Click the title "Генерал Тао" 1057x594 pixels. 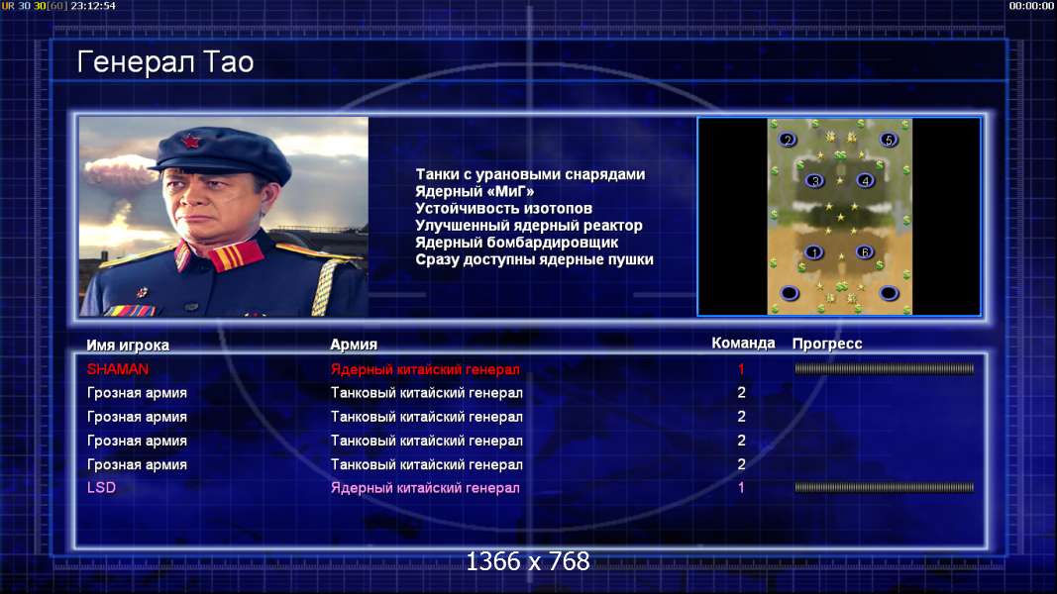(165, 62)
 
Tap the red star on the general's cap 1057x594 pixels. (190, 142)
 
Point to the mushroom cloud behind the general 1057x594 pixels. (119, 172)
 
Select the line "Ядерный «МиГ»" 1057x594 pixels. (475, 191)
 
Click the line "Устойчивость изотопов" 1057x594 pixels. (503, 208)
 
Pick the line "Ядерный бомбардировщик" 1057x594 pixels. (516, 242)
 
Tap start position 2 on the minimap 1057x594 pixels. (788, 140)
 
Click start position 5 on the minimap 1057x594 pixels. (889, 140)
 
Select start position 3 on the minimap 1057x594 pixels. (815, 180)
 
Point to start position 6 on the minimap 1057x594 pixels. (864, 251)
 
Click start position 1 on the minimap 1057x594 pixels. (813, 252)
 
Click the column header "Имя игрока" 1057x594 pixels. (128, 345)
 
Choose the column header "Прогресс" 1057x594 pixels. (827, 344)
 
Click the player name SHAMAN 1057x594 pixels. (117, 369)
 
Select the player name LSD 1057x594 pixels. (101, 488)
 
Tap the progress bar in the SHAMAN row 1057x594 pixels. (885, 368)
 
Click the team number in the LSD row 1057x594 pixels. (741, 488)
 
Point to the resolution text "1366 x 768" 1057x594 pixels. (528, 561)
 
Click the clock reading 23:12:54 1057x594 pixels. (93, 5)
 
